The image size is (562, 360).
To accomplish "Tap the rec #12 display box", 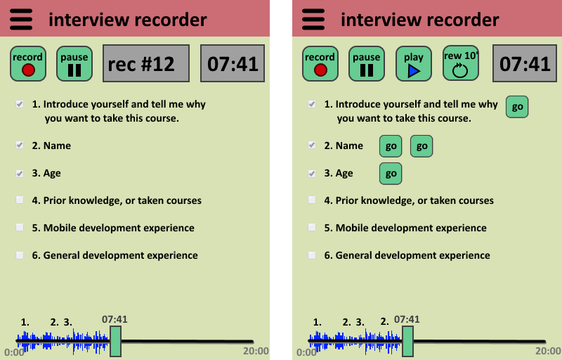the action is pos(146,64).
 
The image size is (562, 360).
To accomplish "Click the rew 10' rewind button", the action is pos(460,64).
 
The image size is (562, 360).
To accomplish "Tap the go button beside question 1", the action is pos(517,107).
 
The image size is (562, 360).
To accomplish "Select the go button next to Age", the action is pos(391,173).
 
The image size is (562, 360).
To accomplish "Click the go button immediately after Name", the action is pos(391,146).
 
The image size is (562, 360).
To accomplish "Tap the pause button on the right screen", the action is pos(366,64).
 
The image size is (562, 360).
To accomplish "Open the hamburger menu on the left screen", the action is pos(21,19).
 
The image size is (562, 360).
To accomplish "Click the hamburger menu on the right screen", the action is pos(313,19).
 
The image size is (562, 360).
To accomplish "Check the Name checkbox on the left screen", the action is pos(20,146).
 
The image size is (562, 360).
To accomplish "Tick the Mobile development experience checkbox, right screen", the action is pos(312,228).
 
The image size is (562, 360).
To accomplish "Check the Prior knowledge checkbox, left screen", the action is pos(20,200).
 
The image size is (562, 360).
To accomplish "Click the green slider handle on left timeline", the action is pos(115,342).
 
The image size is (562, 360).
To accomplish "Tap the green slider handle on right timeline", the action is pos(407,342).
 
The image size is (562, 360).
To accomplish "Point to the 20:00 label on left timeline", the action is pos(256,352).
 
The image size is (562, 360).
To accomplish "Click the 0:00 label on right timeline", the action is pos(306,352).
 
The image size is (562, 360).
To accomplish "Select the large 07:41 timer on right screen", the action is pos(525,64).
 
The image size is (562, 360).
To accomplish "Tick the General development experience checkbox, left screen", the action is pos(20,255).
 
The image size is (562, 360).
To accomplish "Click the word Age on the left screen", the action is pos(52,173).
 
